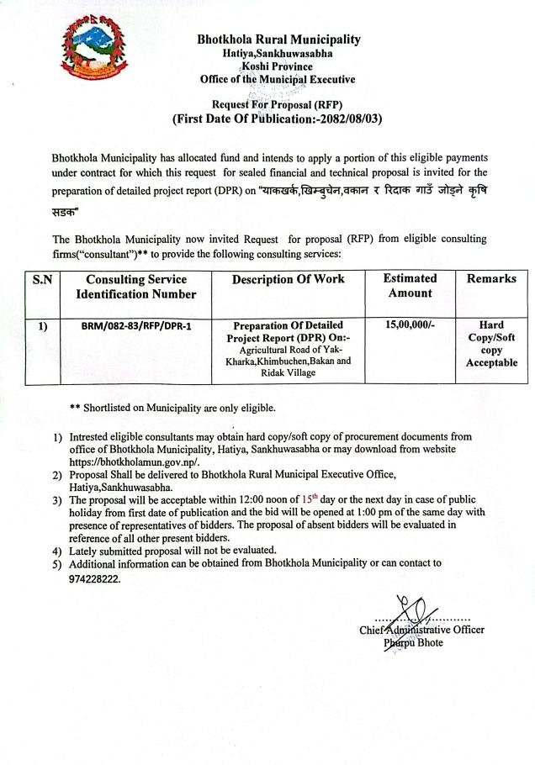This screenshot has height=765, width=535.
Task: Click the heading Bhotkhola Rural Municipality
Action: click(x=278, y=39)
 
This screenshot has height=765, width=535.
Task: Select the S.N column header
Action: click(x=42, y=279)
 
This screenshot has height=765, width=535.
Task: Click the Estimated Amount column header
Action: click(x=410, y=286)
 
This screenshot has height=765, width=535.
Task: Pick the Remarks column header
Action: click(x=492, y=279)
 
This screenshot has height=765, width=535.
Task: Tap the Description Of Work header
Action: click(x=289, y=279)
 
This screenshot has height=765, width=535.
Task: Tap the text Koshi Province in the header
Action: click(x=278, y=66)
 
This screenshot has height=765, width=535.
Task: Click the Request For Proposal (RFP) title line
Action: click(x=278, y=104)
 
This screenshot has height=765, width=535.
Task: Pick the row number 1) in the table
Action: click(x=42, y=324)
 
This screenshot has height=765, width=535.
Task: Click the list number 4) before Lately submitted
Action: click(x=56, y=550)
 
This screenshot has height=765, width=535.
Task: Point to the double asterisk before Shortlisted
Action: click(x=75, y=408)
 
